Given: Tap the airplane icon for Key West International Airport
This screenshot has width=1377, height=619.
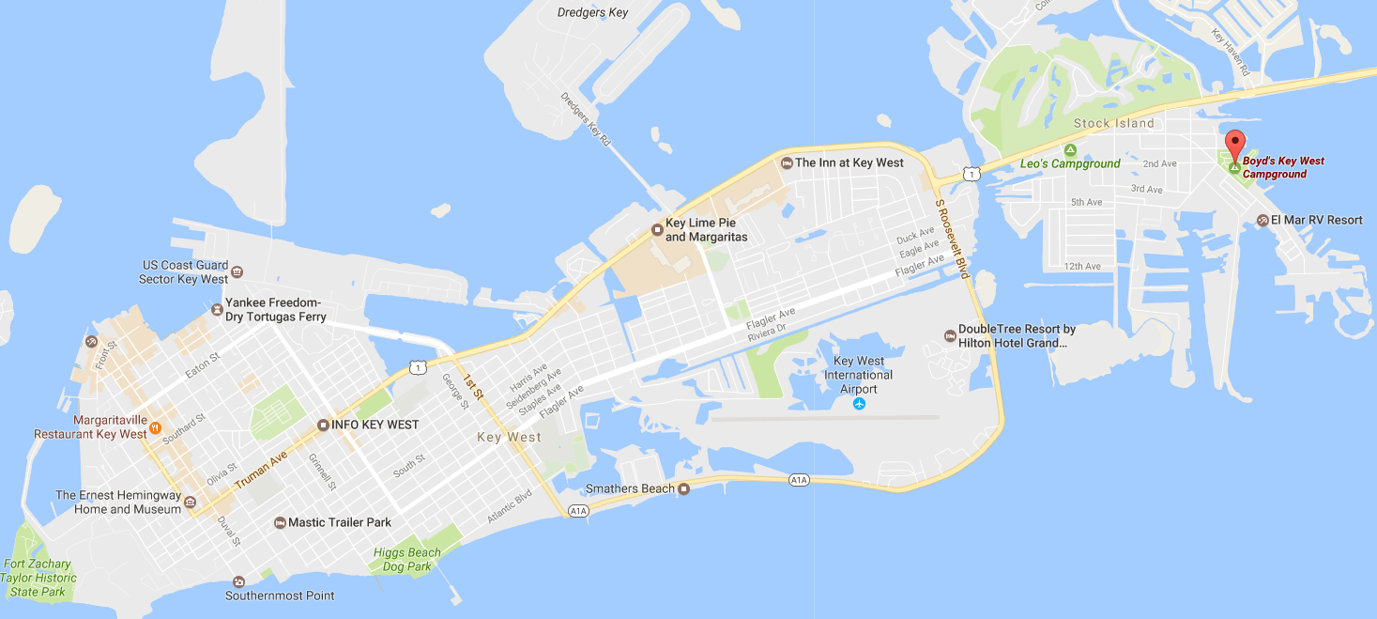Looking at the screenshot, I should point(859,404).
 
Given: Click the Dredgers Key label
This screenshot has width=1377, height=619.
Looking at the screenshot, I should point(591,12).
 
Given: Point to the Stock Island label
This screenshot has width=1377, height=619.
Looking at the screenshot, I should point(1113,123).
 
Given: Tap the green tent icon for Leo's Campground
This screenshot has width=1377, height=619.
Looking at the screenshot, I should point(1069,149).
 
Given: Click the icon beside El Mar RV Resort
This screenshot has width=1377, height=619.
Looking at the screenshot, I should point(1262,220).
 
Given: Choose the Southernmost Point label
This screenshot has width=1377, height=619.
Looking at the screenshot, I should point(280,596).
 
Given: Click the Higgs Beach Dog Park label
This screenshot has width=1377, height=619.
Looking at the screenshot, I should point(406,560).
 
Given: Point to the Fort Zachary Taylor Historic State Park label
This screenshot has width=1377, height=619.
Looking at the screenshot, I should point(38,578).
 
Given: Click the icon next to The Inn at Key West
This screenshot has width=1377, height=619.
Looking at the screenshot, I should point(787,163).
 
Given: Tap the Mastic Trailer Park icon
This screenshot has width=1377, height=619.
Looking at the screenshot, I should point(280,522).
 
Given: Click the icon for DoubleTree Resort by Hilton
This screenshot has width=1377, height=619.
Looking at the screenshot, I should point(949,336).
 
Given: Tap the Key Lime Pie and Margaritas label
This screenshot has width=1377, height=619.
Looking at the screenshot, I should point(706,231).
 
